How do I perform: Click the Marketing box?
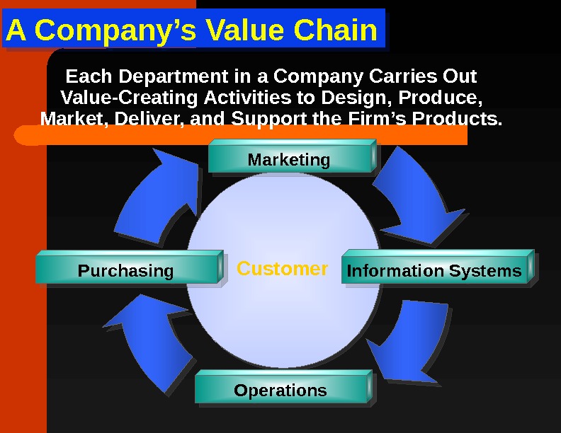[x=289, y=160]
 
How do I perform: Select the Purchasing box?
[x=125, y=270]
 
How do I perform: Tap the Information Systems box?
[x=433, y=270]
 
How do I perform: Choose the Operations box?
[x=280, y=390]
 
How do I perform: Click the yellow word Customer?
[x=282, y=269]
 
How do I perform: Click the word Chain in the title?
[x=339, y=30]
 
